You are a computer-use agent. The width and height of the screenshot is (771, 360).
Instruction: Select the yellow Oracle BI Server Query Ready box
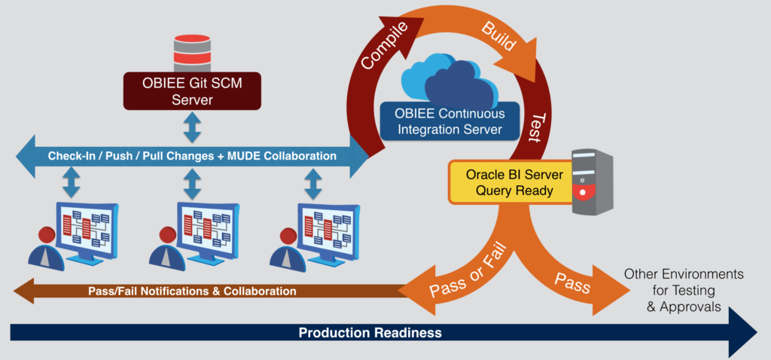[509, 182]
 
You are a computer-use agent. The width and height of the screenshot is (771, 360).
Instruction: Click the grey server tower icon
[591, 182]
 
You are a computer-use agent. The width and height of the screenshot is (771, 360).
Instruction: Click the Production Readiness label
[369, 332]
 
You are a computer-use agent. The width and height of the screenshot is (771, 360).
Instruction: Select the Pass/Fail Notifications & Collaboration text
[192, 291]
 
